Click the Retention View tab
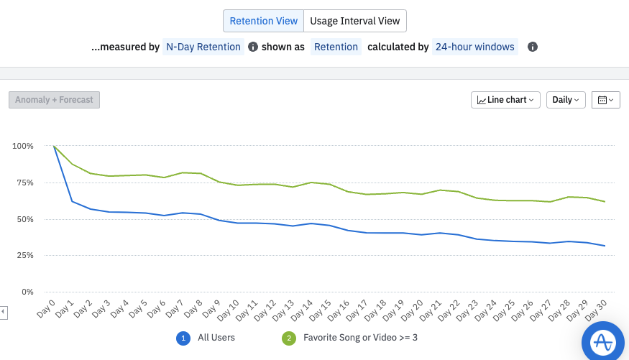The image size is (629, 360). click(x=263, y=21)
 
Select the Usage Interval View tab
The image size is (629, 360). click(x=355, y=21)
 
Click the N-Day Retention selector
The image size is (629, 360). click(x=203, y=47)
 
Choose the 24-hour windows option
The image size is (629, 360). click(x=474, y=47)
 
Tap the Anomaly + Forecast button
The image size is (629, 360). click(x=54, y=100)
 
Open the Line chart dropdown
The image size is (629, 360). click(x=506, y=100)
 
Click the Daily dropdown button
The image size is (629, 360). click(x=566, y=100)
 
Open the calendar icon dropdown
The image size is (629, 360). click(x=605, y=100)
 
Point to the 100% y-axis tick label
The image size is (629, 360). click(x=22, y=146)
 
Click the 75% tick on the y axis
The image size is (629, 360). click(x=24, y=183)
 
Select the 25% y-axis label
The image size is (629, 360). click(x=24, y=255)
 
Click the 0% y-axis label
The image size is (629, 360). click(x=27, y=292)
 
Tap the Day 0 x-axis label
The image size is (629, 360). click(x=46, y=310)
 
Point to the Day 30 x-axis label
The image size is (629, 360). click(x=596, y=310)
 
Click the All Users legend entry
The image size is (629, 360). click(x=217, y=337)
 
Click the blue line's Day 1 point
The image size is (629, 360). click(x=73, y=201)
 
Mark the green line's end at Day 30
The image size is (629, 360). click(x=605, y=202)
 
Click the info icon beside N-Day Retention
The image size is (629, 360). click(x=253, y=47)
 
